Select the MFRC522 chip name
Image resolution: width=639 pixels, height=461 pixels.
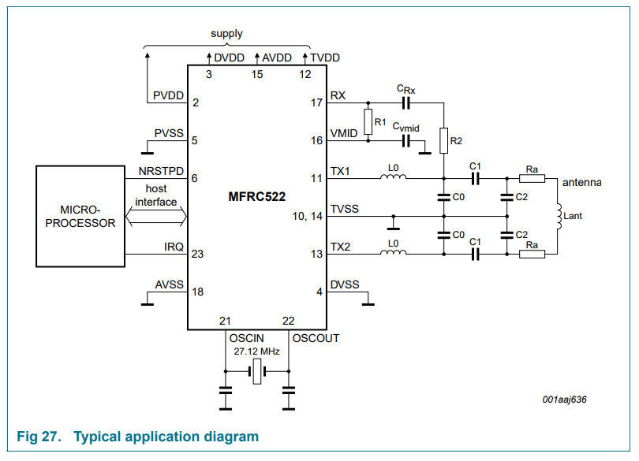click(x=256, y=196)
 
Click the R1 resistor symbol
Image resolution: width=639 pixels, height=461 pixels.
click(x=368, y=122)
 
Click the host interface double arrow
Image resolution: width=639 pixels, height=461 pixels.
click(x=156, y=215)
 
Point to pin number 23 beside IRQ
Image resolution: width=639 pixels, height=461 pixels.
click(x=197, y=254)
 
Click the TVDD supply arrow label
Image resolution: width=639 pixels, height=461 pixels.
click(x=324, y=58)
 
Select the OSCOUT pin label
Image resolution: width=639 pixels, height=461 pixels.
click(x=316, y=338)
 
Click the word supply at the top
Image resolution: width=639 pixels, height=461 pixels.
click(x=226, y=34)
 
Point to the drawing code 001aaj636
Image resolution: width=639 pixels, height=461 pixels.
click(x=564, y=400)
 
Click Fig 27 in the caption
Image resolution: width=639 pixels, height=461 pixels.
click(x=39, y=437)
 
